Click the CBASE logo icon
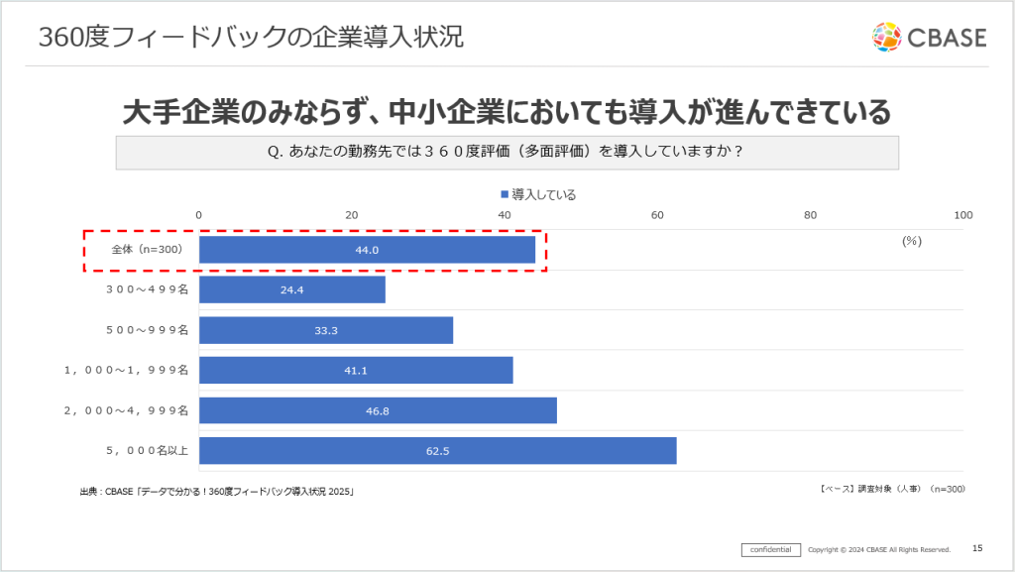coord(887,38)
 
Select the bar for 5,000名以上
coord(437,451)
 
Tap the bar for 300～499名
coord(291,289)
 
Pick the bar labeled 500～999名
coord(326,330)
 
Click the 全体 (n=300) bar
coord(367,250)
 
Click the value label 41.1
coord(355,371)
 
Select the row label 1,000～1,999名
coord(126,371)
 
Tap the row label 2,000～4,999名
coord(126,410)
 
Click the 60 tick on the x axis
coord(657,215)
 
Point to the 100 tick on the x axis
coord(962,215)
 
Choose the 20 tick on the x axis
coord(352,215)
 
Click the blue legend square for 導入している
coord(505,194)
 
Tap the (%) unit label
coord(912,241)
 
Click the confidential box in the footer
coord(770,549)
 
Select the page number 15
coord(977,548)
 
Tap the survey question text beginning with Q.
coord(507,153)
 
